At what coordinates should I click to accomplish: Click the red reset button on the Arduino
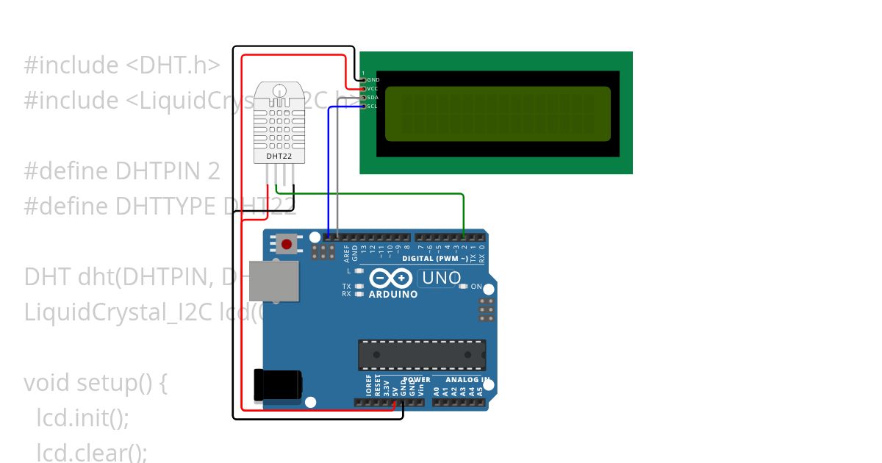click(x=286, y=243)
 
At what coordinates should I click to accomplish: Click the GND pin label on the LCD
click(x=373, y=79)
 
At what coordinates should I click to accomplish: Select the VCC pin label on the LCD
click(x=373, y=88)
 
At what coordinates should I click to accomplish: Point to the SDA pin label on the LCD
click(x=373, y=97)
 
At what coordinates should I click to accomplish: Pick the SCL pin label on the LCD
click(x=373, y=106)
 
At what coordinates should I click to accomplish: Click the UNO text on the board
click(x=440, y=279)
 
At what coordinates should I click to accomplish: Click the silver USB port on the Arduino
click(x=274, y=280)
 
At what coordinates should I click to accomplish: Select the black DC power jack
click(x=277, y=385)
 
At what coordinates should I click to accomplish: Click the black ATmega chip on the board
click(x=422, y=354)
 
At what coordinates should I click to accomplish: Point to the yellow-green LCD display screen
click(x=498, y=113)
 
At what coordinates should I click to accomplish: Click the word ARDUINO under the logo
click(x=393, y=295)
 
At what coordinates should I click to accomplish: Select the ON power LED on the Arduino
click(x=463, y=287)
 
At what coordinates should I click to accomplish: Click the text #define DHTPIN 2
click(x=122, y=171)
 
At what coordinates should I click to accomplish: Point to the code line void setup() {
click(x=96, y=383)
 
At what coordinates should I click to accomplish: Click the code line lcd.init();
click(x=83, y=418)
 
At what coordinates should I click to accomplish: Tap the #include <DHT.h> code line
click(x=122, y=65)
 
